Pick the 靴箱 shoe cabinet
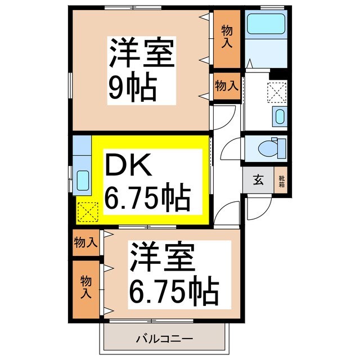tap(282, 180)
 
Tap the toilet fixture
tap(268, 147)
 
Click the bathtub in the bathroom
tap(267, 24)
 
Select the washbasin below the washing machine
tap(280, 116)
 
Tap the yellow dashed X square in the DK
tap(87, 212)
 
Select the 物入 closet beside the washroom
tap(226, 86)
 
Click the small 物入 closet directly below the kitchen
tap(85, 243)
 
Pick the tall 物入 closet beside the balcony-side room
tap(85, 287)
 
